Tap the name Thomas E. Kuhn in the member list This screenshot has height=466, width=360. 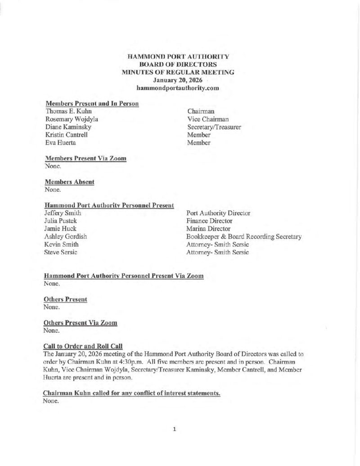(x=69, y=111)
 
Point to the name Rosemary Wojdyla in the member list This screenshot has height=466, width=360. (x=72, y=119)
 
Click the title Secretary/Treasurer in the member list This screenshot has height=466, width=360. (x=214, y=127)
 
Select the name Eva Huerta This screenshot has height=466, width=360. (x=61, y=143)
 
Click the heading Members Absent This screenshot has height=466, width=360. (x=70, y=182)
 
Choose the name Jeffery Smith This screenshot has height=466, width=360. (x=63, y=213)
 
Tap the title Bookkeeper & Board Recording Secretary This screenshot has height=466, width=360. (x=244, y=236)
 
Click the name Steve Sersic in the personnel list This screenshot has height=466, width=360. (x=60, y=252)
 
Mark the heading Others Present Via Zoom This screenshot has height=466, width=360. (x=81, y=323)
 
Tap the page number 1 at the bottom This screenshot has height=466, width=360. (x=174, y=429)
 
